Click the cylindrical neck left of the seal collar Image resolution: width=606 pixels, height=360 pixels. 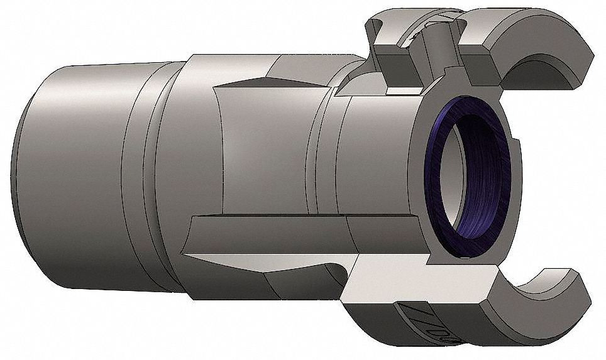click(x=327, y=157)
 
